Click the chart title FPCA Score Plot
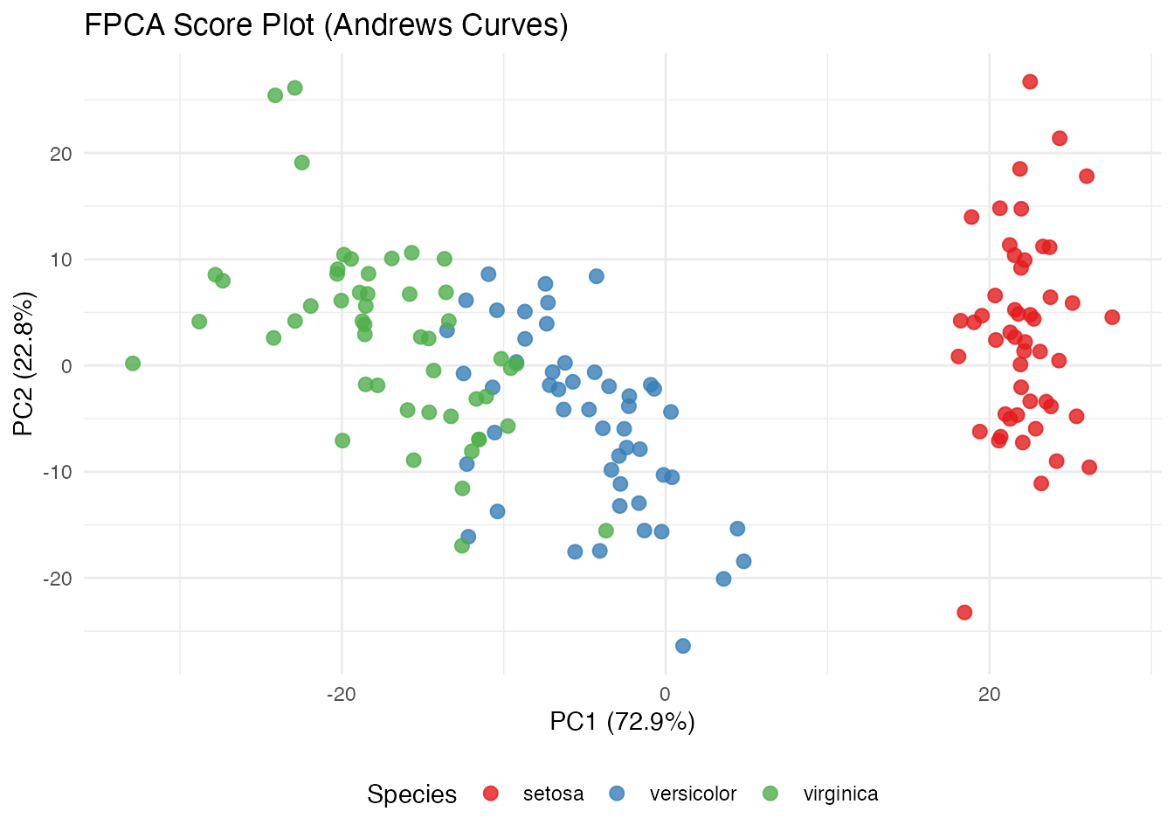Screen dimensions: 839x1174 [326, 24]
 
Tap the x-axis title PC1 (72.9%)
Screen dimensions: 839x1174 [622, 722]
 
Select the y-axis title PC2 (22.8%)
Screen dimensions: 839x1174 [24, 364]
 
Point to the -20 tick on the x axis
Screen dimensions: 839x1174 [341, 695]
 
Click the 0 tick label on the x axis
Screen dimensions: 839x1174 [665, 695]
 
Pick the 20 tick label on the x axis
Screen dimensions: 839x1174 [989, 695]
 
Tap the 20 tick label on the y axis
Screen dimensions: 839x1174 [60, 154]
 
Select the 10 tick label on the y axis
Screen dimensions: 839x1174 [60, 260]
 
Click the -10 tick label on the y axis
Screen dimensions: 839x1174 [57, 472]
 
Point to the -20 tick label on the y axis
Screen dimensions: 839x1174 [57, 579]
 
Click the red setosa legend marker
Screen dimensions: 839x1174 [491, 794]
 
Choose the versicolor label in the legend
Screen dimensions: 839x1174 [693, 794]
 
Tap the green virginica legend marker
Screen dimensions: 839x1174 [770, 794]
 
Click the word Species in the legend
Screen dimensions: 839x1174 [411, 794]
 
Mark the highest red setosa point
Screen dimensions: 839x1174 [1030, 82]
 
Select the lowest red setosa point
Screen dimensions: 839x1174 [964, 613]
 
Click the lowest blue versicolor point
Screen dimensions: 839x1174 [683, 646]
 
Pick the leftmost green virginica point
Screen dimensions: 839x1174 [133, 364]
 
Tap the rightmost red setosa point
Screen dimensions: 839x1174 [1112, 317]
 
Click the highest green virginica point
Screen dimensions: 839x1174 [295, 88]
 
